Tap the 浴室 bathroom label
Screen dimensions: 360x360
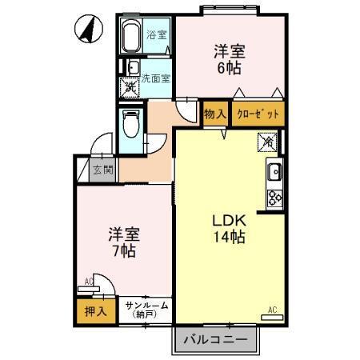pos(156,34)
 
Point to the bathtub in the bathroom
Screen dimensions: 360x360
pos(132,36)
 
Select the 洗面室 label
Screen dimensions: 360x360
pos(156,78)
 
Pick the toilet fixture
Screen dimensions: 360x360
pos(130,123)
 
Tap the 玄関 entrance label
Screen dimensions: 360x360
pos(102,170)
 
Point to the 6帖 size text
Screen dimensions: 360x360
pos(229,68)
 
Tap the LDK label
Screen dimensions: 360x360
pos(228,220)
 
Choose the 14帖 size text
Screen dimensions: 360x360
pos(228,237)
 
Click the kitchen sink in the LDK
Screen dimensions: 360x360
pos(274,170)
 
